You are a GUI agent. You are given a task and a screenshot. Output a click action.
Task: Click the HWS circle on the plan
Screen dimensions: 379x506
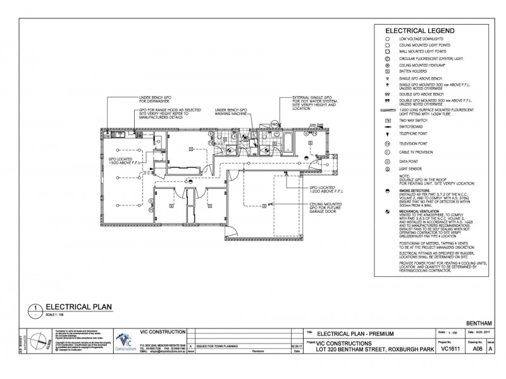click(275, 123)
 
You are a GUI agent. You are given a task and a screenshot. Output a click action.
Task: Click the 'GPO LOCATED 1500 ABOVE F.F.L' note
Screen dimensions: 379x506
click(121, 162)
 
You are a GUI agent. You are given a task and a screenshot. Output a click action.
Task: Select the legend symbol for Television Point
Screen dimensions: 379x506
click(386, 144)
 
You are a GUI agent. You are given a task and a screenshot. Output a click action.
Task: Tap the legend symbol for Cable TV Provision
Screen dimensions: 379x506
click(386, 152)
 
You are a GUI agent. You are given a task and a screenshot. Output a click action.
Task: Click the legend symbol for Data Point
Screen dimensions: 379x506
click(386, 160)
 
